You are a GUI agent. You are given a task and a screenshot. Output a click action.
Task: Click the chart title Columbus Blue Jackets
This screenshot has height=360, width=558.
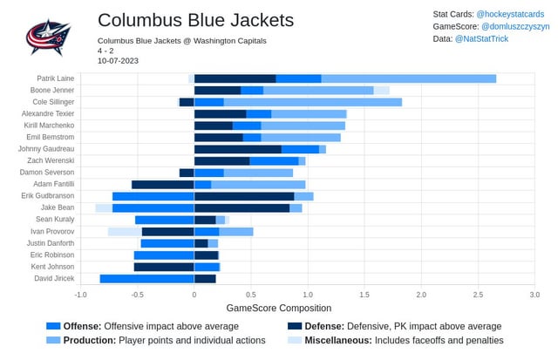point(195,20)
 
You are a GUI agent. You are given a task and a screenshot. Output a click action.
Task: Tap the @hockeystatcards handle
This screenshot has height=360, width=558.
point(510,15)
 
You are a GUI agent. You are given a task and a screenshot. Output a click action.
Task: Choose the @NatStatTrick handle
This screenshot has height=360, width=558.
point(496,40)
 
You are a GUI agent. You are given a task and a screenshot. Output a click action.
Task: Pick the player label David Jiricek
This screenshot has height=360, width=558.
point(55,279)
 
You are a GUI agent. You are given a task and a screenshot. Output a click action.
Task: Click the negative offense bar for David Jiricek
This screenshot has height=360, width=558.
point(146,279)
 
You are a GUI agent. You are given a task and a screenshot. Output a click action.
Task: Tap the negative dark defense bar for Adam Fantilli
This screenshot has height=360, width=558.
point(162,185)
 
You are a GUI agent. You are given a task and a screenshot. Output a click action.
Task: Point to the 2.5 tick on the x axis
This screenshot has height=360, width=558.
point(478,295)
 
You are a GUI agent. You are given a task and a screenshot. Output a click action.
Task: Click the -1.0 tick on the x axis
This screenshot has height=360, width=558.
point(80,295)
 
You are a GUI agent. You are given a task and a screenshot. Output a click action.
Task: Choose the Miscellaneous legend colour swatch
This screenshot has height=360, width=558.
point(295,340)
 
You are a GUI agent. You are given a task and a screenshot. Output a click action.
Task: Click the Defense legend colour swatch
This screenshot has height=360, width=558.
point(295,326)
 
